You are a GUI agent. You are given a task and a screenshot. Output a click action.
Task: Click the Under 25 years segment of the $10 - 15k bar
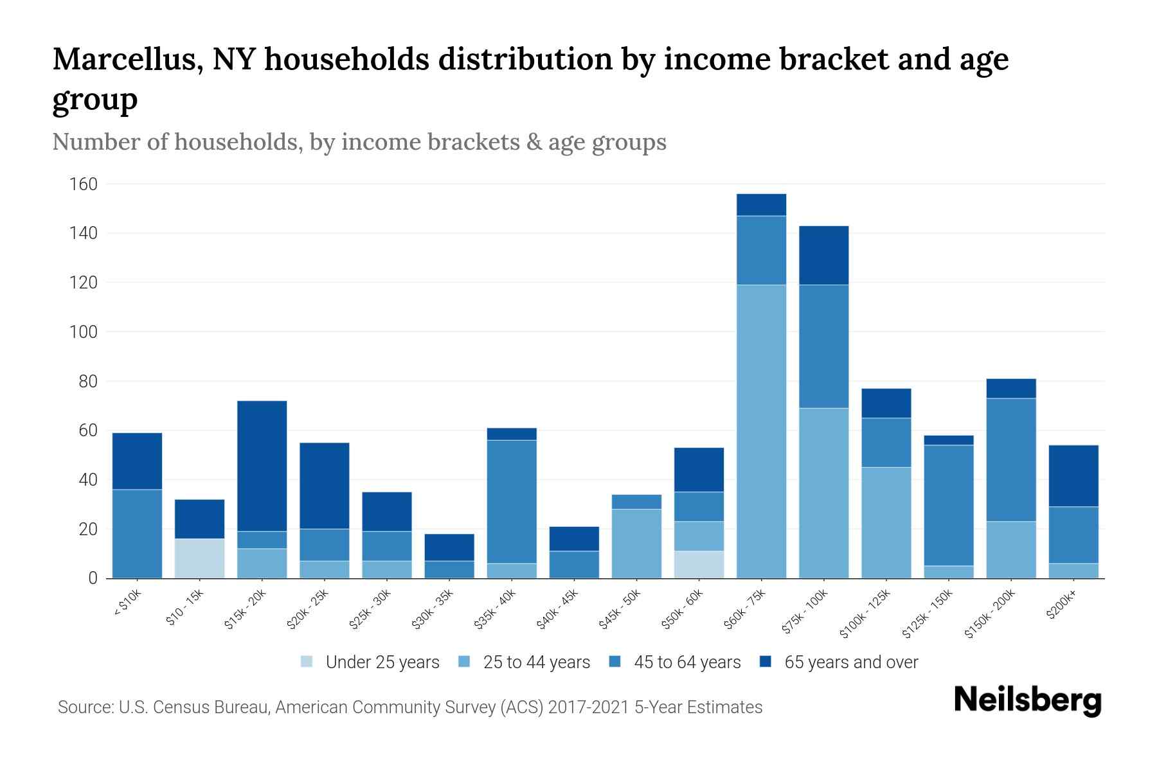pyautogui.click(x=199, y=558)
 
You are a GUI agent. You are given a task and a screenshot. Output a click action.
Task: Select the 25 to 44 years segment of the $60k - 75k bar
pyautogui.click(x=761, y=431)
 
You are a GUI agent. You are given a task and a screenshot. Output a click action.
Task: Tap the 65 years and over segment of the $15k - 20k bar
pyautogui.click(x=262, y=466)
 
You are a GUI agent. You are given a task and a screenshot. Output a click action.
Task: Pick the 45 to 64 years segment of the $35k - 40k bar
pyautogui.click(x=512, y=501)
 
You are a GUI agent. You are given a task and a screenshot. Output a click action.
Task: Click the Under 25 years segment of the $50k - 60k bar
pyautogui.click(x=699, y=564)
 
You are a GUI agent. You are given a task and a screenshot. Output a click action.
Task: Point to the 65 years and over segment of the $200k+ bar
pyautogui.click(x=1073, y=475)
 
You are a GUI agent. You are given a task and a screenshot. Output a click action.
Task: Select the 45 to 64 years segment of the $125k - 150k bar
pyautogui.click(x=949, y=505)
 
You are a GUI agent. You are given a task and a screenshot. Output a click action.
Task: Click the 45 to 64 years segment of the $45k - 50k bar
pyautogui.click(x=636, y=501)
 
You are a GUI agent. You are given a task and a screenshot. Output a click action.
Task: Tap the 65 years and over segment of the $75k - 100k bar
pyautogui.click(x=823, y=255)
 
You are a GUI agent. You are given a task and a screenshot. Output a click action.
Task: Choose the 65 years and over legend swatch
pyautogui.click(x=766, y=662)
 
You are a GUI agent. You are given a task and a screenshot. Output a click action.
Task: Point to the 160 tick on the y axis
pyautogui.click(x=84, y=184)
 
